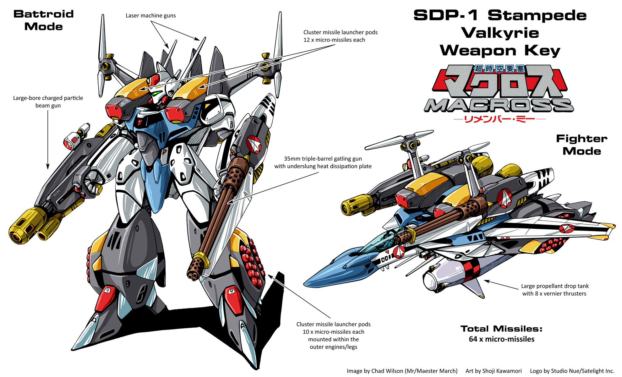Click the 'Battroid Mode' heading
[x=43, y=20]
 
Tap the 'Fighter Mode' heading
[x=581, y=145]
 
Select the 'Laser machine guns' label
[x=150, y=15]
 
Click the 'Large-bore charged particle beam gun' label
[x=48, y=101]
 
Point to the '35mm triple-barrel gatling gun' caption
[x=323, y=159]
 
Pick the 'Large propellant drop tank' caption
[x=554, y=286]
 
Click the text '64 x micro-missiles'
[x=501, y=339]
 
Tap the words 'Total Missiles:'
[x=501, y=329]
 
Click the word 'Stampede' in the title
[x=537, y=15]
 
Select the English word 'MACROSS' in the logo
[x=499, y=106]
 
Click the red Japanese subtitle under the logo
[x=499, y=119]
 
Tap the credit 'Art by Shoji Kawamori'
[x=493, y=371]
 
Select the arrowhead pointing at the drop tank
[x=486, y=281]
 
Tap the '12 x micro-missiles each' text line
[x=334, y=40]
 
